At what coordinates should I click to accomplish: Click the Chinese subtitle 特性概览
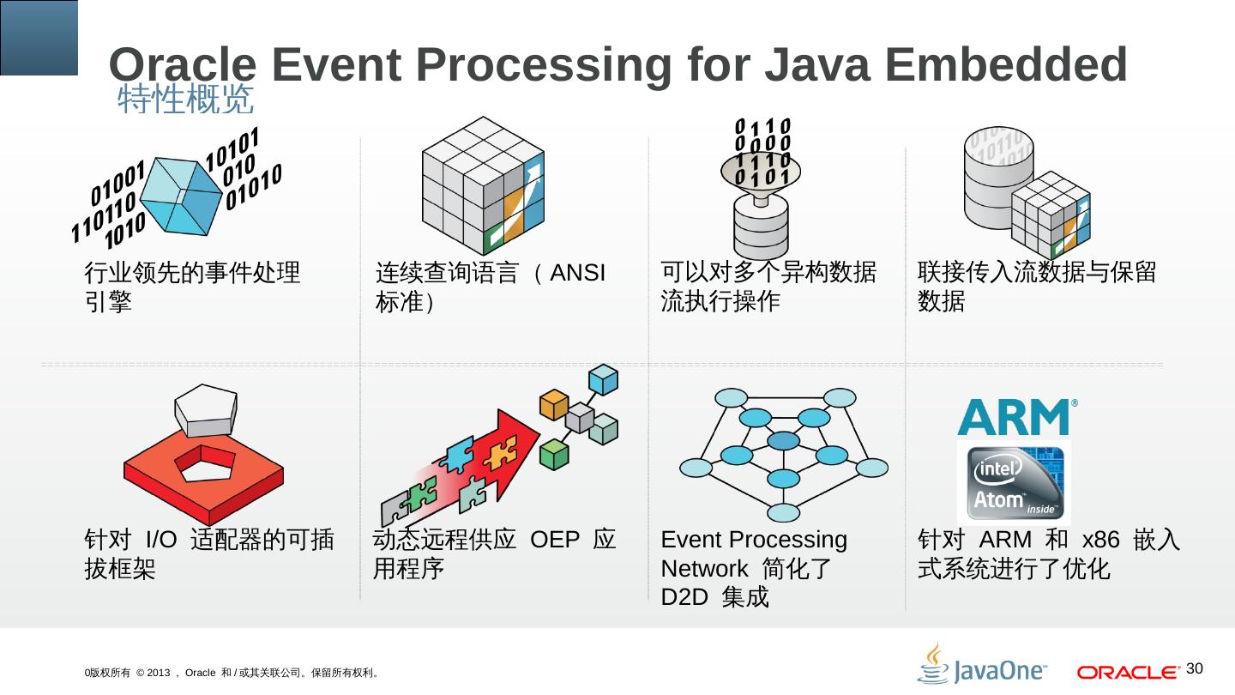[185, 100]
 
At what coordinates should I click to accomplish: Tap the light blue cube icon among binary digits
[180, 196]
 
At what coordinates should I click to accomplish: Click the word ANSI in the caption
[578, 274]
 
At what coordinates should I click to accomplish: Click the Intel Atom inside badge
[1014, 482]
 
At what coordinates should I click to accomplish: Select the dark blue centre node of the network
[782, 441]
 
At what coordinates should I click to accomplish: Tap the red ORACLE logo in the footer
[1127, 672]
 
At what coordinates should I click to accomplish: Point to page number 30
[1196, 668]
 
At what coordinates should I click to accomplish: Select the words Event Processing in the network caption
[754, 541]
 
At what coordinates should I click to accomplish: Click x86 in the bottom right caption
[1101, 541]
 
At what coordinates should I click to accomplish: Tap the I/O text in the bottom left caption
[162, 541]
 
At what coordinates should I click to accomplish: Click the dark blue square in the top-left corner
[39, 37]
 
